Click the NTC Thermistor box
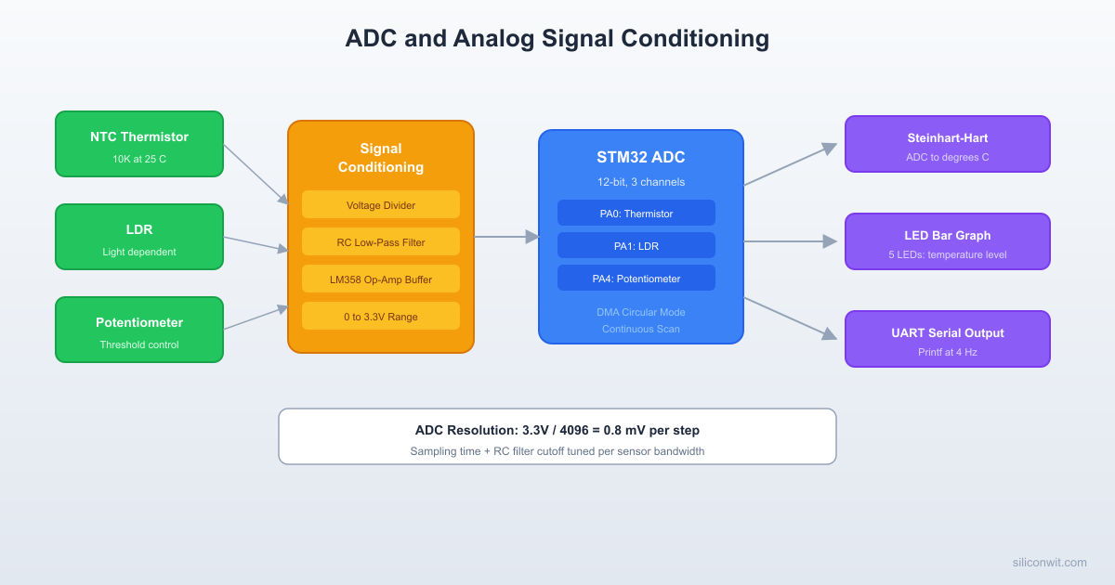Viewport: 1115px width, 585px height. click(139, 144)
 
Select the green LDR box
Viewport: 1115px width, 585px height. click(139, 237)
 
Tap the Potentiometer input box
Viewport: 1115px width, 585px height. click(139, 330)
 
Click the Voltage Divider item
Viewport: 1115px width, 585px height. click(381, 205)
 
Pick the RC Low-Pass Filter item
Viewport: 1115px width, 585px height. click(381, 242)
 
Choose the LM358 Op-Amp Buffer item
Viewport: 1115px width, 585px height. click(381, 279)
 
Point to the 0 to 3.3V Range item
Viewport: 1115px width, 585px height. click(381, 317)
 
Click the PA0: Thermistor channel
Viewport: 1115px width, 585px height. click(636, 214)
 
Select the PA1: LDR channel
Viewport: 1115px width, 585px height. click(636, 246)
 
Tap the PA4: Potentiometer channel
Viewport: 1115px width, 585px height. click(636, 279)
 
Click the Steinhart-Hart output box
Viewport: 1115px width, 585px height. click(948, 144)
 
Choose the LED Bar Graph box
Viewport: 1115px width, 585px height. click(948, 241)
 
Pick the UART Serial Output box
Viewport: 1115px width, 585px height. click(948, 339)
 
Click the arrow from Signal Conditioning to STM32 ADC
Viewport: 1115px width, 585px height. click(506, 237)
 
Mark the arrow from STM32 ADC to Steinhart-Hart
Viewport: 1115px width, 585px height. click(790, 164)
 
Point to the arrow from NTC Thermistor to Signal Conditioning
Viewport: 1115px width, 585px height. click(256, 174)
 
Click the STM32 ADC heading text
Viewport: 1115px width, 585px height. click(641, 158)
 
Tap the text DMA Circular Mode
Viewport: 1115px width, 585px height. click(641, 312)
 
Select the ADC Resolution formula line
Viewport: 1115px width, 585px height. click(557, 430)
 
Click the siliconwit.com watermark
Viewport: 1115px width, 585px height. click(1049, 562)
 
